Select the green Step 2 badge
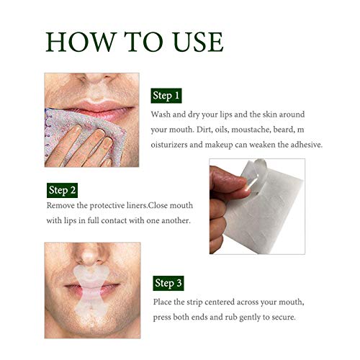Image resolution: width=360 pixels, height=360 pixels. coord(62,190)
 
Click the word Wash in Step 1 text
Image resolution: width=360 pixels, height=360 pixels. coord(162,114)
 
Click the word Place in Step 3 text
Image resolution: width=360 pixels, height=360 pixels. coord(163,302)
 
